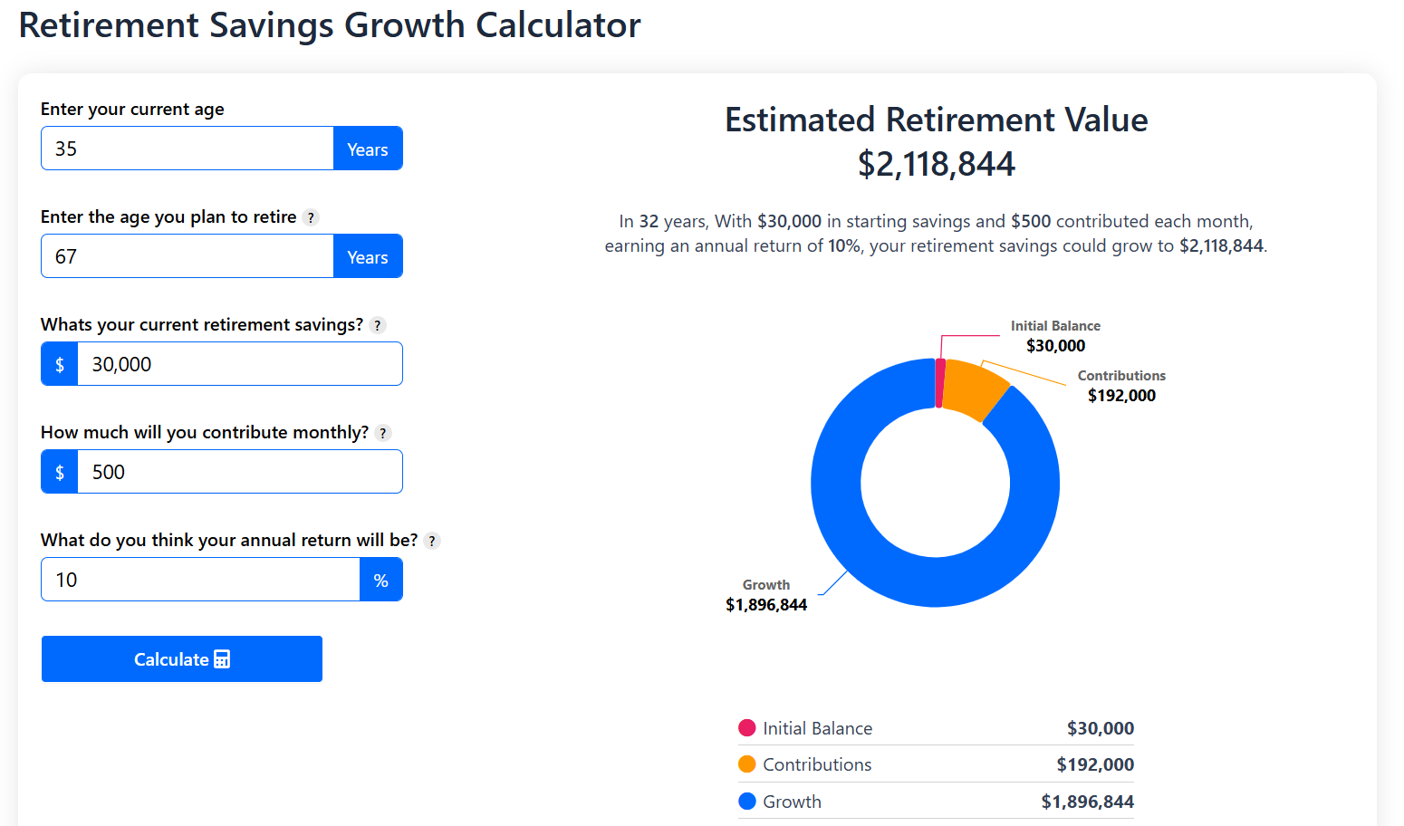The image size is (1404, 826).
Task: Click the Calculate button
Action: point(181,658)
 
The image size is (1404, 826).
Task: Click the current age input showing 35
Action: point(187,149)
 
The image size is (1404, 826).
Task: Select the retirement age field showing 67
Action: point(187,256)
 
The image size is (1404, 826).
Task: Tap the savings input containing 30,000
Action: point(239,364)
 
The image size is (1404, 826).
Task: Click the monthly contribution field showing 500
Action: point(239,472)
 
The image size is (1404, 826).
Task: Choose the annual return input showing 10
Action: point(199,580)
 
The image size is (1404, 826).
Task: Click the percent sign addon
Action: point(381,580)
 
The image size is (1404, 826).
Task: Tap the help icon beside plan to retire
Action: point(311,217)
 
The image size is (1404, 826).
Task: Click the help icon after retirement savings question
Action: point(378,325)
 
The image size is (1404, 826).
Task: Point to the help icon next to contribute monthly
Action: point(383,433)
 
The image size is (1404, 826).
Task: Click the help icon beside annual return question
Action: point(432,541)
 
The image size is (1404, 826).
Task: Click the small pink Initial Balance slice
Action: point(940,383)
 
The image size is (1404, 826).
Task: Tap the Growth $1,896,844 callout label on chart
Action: point(766,596)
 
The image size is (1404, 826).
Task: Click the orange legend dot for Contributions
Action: point(747,764)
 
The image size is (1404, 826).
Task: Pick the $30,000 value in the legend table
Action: point(1100,728)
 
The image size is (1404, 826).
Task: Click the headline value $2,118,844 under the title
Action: point(936,164)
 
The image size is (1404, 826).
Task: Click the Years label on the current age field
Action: point(368,149)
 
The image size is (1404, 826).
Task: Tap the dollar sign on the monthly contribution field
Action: point(60,472)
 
